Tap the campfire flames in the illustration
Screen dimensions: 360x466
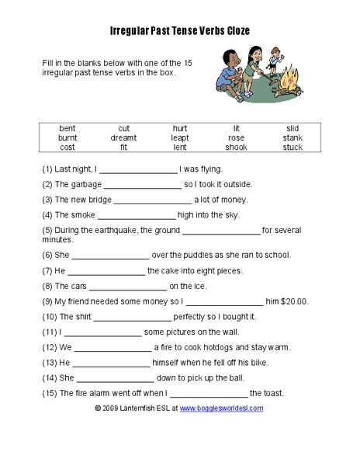(x=291, y=81)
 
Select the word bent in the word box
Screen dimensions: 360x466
(x=67, y=128)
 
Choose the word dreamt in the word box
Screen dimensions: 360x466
(x=123, y=137)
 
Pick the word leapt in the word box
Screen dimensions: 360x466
(x=180, y=137)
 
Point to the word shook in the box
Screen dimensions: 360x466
(x=237, y=147)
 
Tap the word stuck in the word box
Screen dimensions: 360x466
(x=292, y=147)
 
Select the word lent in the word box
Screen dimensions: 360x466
(x=180, y=147)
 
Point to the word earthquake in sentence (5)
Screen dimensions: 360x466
(x=116, y=230)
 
